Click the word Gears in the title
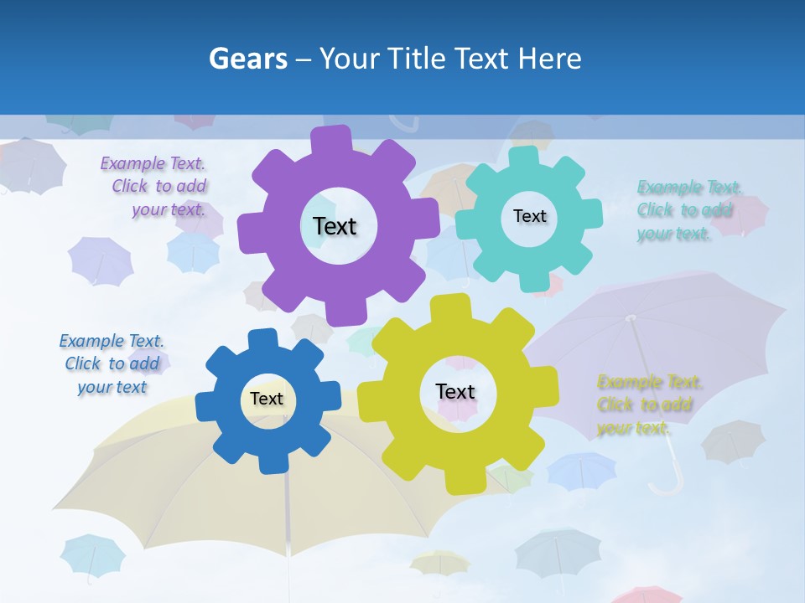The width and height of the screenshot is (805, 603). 247,59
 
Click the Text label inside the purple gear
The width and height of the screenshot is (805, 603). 335,226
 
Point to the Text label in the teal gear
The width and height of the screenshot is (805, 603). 529,216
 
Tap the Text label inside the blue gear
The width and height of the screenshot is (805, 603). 267,399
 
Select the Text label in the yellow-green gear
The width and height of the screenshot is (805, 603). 455,391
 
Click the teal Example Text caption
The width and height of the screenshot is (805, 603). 688,210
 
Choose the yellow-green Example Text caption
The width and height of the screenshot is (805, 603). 647,405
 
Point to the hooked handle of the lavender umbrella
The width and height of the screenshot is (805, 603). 667,484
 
